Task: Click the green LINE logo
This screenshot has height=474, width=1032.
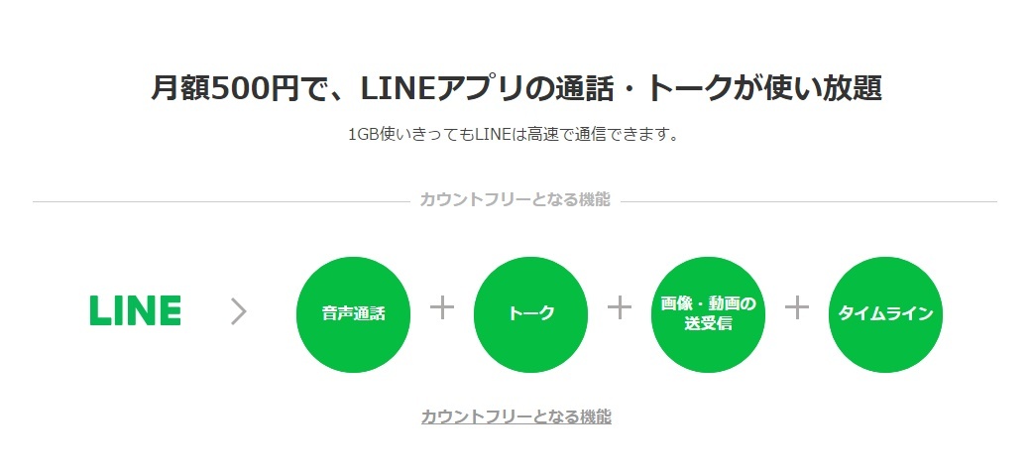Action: click(135, 310)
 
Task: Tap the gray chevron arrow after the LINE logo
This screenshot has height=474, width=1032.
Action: click(239, 311)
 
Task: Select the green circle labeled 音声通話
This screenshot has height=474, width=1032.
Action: click(354, 314)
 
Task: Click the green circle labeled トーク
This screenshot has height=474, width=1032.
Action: click(530, 314)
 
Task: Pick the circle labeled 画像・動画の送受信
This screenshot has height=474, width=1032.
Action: click(708, 314)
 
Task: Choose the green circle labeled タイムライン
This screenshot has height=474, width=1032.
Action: click(885, 314)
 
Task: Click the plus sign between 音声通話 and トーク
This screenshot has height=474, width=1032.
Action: click(441, 307)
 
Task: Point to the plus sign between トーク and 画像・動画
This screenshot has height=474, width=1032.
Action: click(620, 307)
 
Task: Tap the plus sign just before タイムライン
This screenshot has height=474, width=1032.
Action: click(796, 307)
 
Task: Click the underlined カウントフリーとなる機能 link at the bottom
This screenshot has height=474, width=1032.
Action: click(516, 416)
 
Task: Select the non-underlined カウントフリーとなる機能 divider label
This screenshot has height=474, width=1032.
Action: click(516, 198)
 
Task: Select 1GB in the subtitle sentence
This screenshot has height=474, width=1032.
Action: click(359, 134)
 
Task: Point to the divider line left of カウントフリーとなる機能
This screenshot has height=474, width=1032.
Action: click(221, 202)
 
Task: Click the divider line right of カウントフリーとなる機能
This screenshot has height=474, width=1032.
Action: click(809, 202)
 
